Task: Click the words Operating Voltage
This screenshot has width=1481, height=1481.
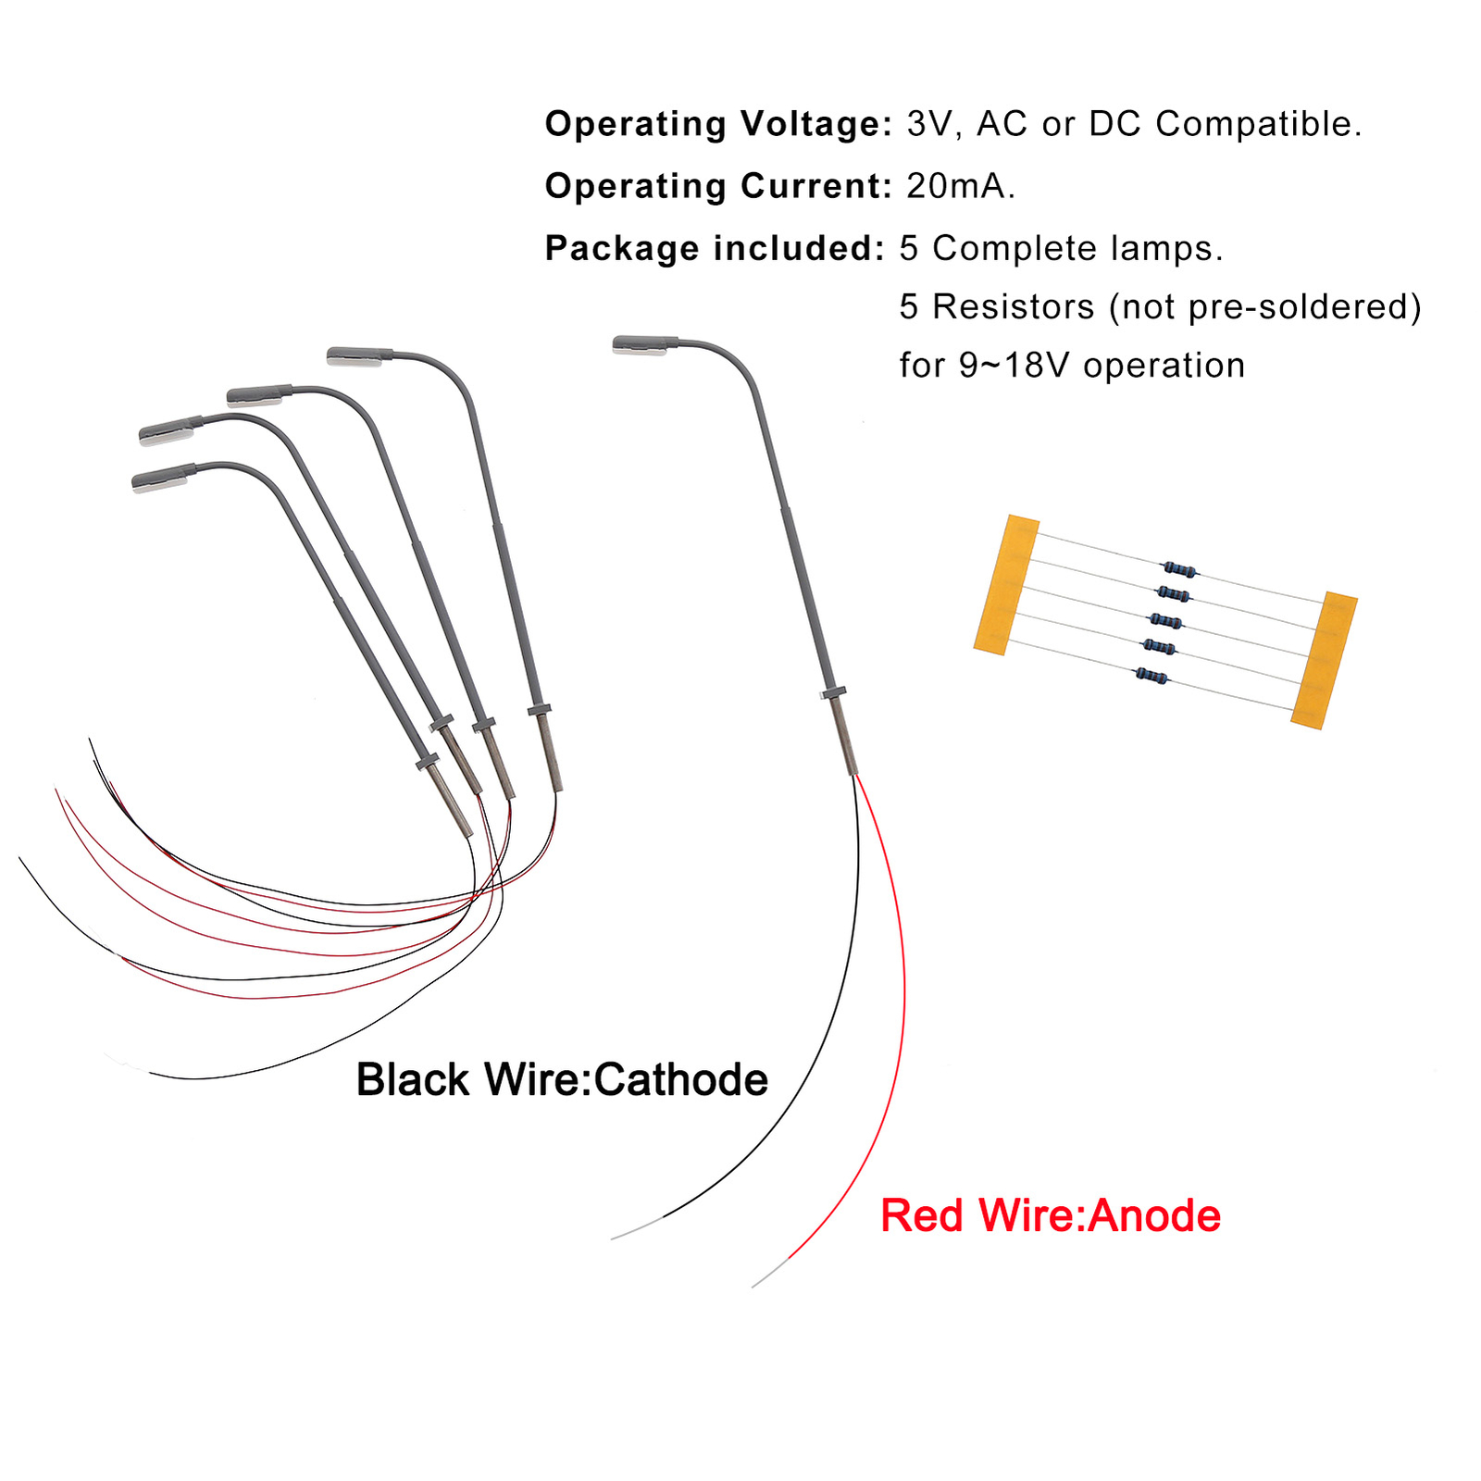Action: [717, 124]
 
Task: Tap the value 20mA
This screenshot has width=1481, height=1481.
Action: [960, 186]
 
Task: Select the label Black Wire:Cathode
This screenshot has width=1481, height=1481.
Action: [562, 1080]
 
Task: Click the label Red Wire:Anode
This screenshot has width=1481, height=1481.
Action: [1051, 1215]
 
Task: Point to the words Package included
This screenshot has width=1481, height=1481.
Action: [715, 248]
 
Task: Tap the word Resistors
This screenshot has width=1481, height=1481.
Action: [1013, 307]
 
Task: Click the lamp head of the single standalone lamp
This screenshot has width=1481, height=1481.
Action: [644, 345]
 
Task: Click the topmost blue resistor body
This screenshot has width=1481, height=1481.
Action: [1178, 569]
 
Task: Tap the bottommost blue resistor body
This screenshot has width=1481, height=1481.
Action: [1151, 677]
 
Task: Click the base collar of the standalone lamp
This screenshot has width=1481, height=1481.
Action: [833, 692]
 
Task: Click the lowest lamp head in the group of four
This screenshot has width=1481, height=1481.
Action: [163, 478]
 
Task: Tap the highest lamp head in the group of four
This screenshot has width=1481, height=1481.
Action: [359, 355]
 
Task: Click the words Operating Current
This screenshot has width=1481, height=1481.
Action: [717, 186]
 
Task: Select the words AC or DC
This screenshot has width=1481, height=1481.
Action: [1059, 124]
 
